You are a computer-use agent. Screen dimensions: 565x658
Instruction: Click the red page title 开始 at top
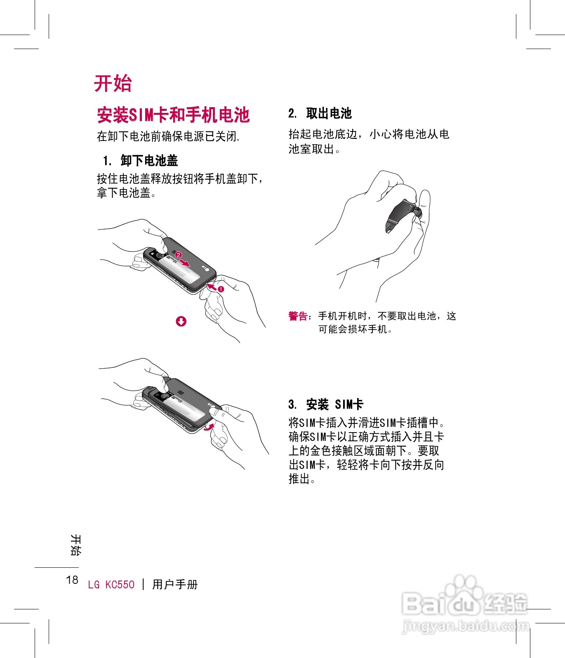click(113, 84)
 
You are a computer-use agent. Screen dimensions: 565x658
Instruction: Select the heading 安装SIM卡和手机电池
click(173, 115)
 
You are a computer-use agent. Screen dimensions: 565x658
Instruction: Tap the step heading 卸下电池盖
click(149, 160)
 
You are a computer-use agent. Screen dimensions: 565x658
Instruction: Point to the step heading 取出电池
click(329, 113)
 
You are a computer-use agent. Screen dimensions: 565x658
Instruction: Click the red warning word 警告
click(298, 316)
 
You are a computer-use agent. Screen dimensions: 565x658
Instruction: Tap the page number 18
click(72, 580)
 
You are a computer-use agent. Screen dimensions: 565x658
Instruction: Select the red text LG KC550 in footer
click(111, 585)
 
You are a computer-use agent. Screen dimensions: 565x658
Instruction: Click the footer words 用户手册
click(175, 584)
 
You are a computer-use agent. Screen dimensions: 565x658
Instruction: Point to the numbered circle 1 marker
click(221, 289)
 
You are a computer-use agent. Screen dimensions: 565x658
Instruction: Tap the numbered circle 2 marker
click(179, 255)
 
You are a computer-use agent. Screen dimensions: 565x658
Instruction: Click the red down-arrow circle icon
click(181, 321)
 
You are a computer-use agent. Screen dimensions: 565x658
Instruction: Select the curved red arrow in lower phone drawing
click(210, 426)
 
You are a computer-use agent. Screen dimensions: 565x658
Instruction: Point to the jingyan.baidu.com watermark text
click(465, 626)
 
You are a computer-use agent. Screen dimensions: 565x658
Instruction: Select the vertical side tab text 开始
click(76, 545)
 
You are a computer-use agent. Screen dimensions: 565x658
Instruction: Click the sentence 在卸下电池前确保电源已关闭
click(168, 136)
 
